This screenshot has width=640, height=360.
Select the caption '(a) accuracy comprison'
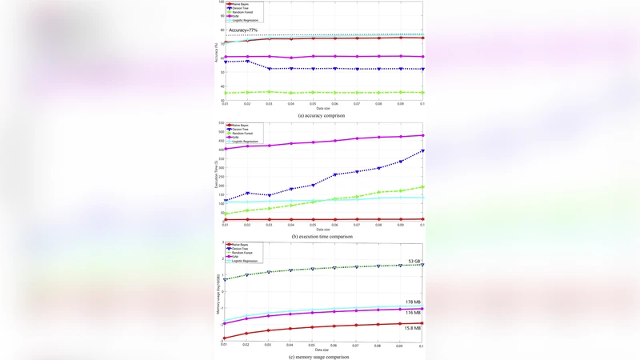click(x=321, y=115)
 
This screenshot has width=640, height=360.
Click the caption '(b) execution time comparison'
click(x=321, y=236)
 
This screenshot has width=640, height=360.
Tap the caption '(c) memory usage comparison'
click(x=321, y=356)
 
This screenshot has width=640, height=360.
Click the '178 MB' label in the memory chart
click(x=413, y=302)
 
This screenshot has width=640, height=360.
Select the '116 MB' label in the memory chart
click(x=413, y=312)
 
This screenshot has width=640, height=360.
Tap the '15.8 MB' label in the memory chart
click(x=412, y=328)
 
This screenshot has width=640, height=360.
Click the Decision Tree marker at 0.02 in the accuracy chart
click(x=247, y=62)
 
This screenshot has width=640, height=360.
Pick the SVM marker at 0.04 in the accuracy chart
click(x=291, y=58)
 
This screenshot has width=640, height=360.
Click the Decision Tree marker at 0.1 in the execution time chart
click(x=422, y=151)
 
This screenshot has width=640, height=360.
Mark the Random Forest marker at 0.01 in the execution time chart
click(x=226, y=214)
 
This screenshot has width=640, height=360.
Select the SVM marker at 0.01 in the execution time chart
click(x=226, y=149)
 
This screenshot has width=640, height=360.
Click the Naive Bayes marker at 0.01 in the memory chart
click(x=226, y=338)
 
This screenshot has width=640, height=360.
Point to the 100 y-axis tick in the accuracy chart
click(x=221, y=2)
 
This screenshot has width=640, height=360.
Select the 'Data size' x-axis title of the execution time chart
click(x=322, y=229)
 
